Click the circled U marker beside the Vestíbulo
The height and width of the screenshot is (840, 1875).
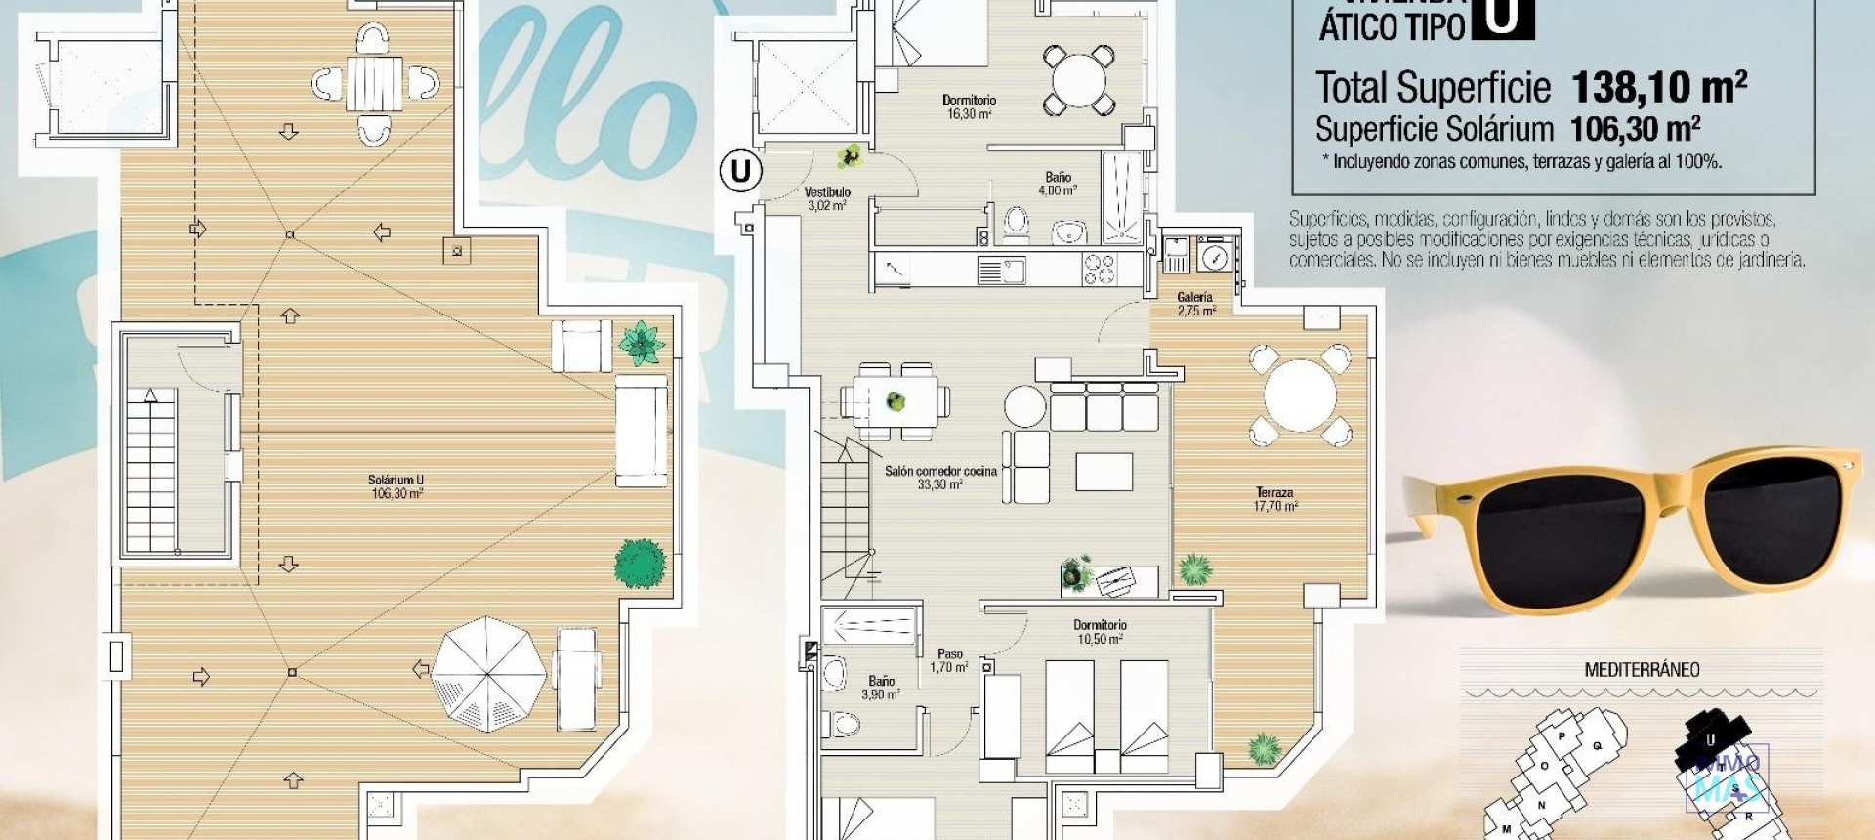[740, 172]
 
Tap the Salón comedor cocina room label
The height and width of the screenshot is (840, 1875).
[940, 477]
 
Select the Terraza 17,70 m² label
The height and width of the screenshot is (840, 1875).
[1274, 499]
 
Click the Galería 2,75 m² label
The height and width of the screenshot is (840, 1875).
[1195, 304]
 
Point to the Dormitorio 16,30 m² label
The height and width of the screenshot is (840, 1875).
[969, 106]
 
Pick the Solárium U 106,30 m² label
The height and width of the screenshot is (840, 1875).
[396, 486]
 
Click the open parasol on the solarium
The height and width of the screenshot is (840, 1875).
[487, 673]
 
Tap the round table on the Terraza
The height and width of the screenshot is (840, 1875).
[1300, 396]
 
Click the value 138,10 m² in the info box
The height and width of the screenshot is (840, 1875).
[1658, 88]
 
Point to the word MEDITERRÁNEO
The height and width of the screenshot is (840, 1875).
[1642, 670]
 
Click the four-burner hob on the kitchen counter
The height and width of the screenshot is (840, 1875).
[1098, 270]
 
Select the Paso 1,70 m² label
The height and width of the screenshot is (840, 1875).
[949, 661]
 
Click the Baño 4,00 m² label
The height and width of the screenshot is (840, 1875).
[1058, 184]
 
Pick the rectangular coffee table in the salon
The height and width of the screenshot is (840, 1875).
[1104, 472]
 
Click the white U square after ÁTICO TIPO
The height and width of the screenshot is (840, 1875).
[1502, 18]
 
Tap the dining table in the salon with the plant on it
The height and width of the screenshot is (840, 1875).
[896, 400]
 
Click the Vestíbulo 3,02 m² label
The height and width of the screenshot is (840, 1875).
[827, 199]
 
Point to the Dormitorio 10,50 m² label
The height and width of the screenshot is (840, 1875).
[1100, 631]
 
